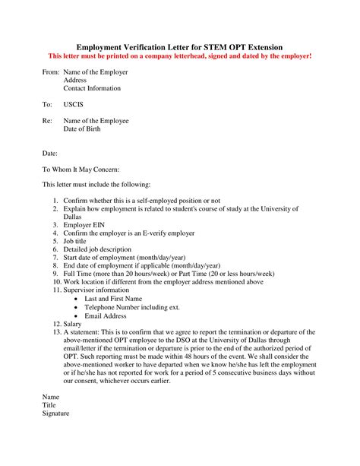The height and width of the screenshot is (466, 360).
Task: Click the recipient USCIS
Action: (74, 104)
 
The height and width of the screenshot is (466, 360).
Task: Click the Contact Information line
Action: (92, 88)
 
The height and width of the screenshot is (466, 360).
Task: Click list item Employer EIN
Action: (87, 225)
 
